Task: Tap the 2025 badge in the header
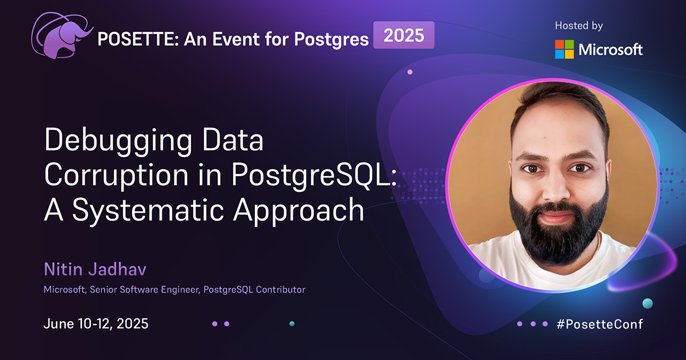404,35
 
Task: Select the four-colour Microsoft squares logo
564,49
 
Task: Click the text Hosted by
579,26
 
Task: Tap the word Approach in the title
301,212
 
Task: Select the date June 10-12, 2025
96,323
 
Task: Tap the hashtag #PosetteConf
600,324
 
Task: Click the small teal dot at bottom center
292,323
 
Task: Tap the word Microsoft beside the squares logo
611,50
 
